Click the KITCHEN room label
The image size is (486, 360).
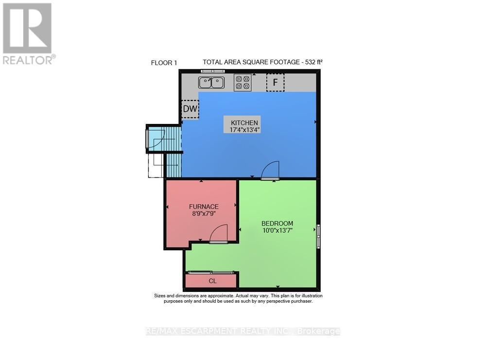point(244,122)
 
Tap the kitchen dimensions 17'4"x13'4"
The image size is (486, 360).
point(244,130)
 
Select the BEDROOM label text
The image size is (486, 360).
point(277,223)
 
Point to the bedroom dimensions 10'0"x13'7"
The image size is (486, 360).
point(277,231)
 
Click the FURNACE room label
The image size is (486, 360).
point(204,206)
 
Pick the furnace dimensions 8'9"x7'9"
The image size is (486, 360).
point(204,213)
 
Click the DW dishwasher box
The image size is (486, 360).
point(190,109)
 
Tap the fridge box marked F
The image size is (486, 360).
point(275,83)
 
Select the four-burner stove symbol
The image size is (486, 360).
point(243,82)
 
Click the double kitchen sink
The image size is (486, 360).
point(211,83)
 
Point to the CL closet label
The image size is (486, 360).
point(212,281)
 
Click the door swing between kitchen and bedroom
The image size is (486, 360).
point(270,171)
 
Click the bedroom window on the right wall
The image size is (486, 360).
point(319,237)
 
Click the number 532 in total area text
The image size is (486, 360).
point(308,62)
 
